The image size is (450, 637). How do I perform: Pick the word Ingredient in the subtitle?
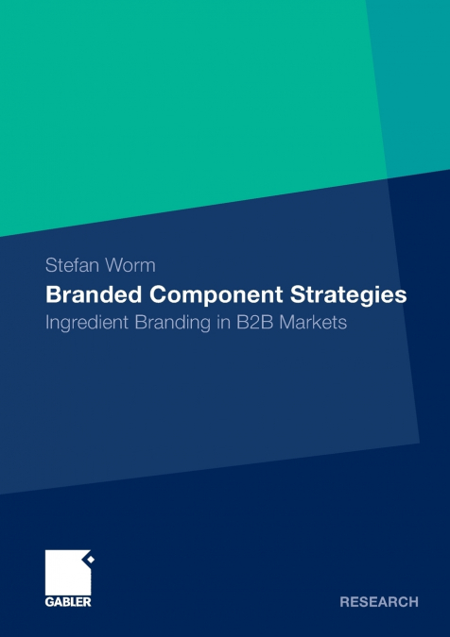click(91, 322)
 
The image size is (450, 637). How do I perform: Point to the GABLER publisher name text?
click(69, 601)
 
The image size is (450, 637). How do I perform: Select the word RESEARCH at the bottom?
click(379, 601)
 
